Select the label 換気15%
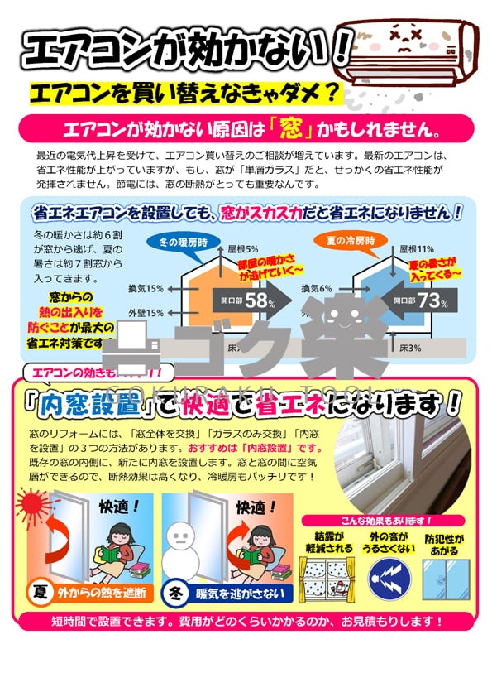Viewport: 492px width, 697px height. coord(145,288)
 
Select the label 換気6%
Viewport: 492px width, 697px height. coord(317,288)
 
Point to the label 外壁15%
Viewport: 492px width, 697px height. coord(145,312)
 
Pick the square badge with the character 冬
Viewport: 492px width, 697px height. coord(175,593)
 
